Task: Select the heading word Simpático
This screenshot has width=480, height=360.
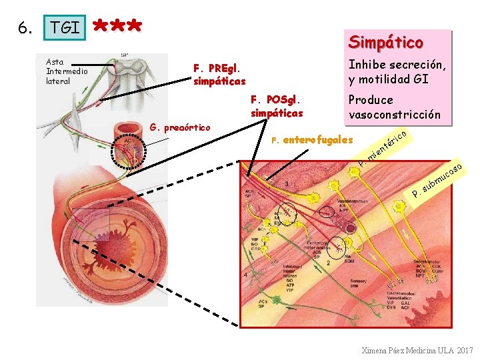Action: click(385, 43)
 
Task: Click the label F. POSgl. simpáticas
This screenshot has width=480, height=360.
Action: click(277, 106)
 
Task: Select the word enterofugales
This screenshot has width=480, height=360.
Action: click(317, 140)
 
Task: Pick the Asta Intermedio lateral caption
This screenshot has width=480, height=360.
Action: click(62, 71)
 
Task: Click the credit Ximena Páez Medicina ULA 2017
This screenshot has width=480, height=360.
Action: click(417, 350)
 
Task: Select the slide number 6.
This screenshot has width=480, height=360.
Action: click(25, 28)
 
